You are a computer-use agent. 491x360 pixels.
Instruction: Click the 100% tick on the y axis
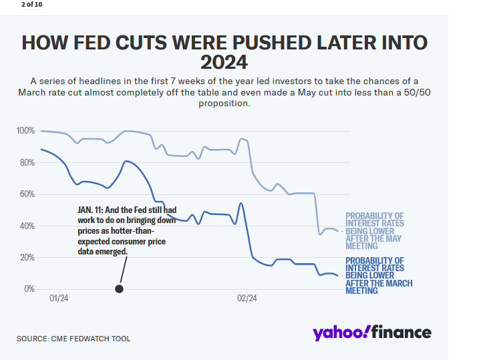[25, 130]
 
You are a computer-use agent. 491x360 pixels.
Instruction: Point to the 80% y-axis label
[27, 162]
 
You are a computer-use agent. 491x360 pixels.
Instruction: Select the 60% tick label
[27, 194]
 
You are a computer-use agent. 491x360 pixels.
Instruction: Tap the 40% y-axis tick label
[27, 226]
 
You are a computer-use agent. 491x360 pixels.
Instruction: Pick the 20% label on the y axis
[27, 257]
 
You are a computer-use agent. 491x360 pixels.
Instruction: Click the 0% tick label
[29, 289]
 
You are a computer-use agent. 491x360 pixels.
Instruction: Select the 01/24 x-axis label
[59, 299]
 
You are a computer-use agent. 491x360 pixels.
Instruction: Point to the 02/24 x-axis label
[247, 299]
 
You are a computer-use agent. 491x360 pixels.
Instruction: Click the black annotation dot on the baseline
[119, 289]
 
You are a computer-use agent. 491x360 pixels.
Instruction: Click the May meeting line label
[374, 231]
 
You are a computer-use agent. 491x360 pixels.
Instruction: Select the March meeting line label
[378, 276]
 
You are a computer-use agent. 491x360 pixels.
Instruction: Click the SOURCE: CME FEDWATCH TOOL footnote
[73, 339]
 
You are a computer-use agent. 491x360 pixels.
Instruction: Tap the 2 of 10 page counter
[31, 4]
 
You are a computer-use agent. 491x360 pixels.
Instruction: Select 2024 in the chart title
[224, 62]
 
